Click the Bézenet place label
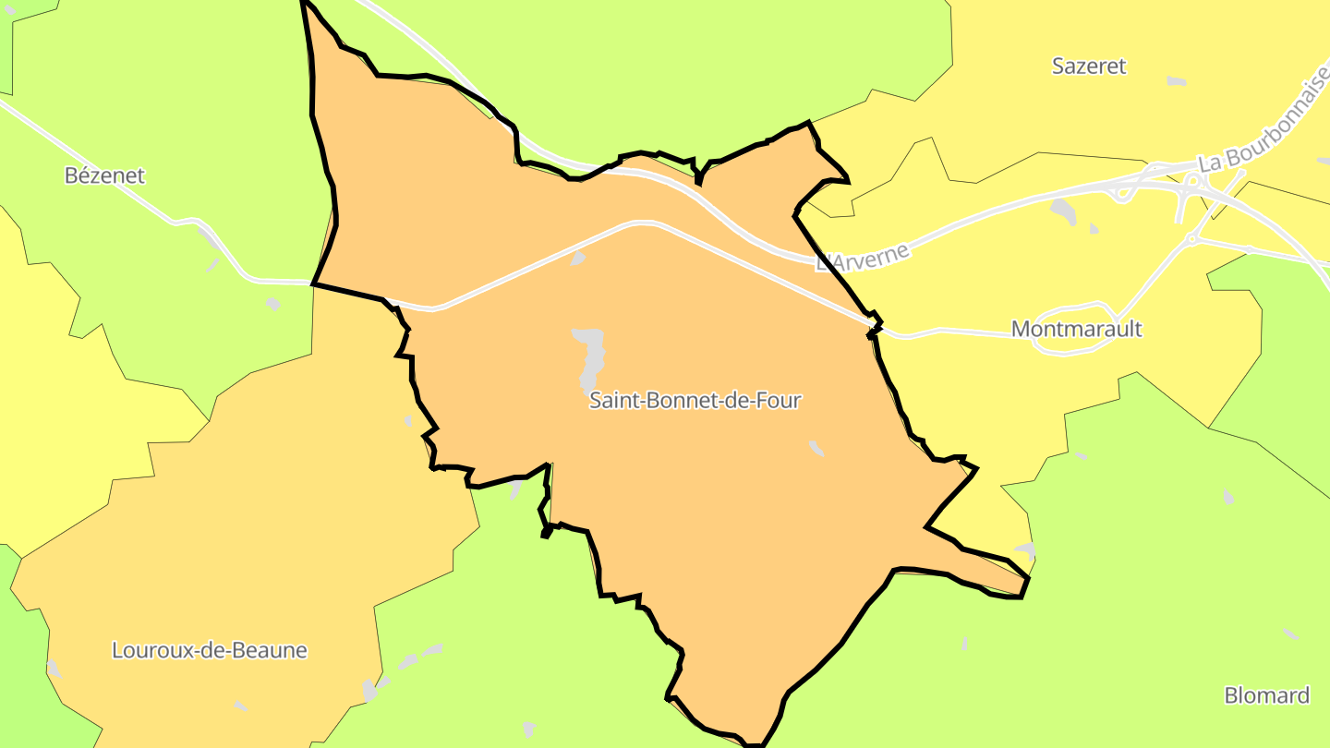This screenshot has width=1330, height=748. click(104, 175)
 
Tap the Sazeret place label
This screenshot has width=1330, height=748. click(1089, 66)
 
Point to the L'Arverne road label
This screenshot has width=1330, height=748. click(864, 256)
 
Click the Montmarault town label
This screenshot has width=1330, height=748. click(1076, 329)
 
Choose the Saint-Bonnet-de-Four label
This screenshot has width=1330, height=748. click(695, 401)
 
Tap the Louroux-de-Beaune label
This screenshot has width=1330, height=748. click(209, 650)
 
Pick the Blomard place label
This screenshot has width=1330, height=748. click(1266, 695)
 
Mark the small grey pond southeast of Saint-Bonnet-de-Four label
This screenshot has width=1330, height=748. click(816, 448)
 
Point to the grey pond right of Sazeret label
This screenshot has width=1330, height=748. click(1176, 81)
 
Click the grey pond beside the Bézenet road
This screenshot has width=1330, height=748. click(272, 304)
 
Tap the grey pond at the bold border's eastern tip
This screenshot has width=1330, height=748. click(1025, 551)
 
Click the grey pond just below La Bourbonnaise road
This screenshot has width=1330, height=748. click(1063, 211)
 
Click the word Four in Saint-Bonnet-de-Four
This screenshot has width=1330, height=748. click(779, 401)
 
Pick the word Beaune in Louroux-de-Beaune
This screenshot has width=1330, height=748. click(271, 650)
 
